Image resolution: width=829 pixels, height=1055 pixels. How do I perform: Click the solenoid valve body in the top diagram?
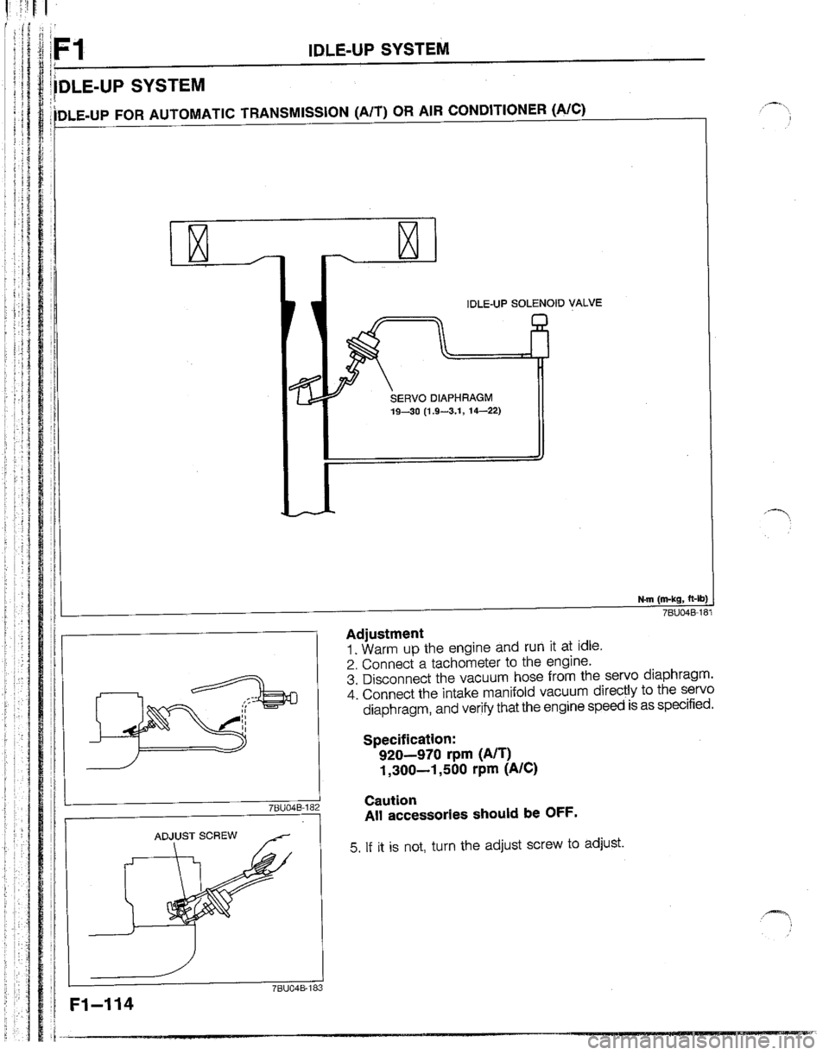point(541,345)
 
